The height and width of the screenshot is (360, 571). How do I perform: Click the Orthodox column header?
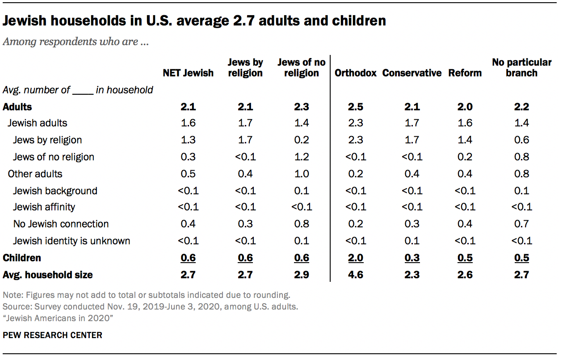[x=356, y=73]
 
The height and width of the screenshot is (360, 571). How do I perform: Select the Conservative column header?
[x=412, y=73]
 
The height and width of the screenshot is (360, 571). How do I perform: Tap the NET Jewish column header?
[x=188, y=73]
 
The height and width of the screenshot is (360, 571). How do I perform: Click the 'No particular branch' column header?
[x=521, y=67]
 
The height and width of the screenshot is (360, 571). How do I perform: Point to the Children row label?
[x=22, y=258]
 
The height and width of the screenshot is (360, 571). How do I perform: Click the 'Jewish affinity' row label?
[x=44, y=207]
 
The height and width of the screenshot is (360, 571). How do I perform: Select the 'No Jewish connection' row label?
[x=61, y=224]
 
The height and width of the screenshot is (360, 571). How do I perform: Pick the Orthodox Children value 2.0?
[x=356, y=258]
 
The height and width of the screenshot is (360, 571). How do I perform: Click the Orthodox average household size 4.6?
[x=356, y=274]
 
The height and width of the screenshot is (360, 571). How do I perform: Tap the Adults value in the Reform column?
[x=465, y=107]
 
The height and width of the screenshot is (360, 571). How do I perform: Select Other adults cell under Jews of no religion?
[x=302, y=174]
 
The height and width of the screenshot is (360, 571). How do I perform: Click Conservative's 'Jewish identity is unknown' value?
[x=412, y=241]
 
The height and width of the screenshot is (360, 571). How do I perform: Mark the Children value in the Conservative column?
[x=412, y=258]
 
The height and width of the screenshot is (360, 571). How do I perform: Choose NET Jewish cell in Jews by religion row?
[x=188, y=140]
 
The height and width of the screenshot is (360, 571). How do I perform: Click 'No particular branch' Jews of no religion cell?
[x=521, y=157]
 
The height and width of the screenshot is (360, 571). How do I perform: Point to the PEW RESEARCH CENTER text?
[x=52, y=335]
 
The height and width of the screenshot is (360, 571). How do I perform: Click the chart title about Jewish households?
[x=194, y=21]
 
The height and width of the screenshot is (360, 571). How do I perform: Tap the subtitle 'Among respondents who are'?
[x=76, y=42]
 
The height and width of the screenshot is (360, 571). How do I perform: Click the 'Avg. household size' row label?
[x=48, y=274]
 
